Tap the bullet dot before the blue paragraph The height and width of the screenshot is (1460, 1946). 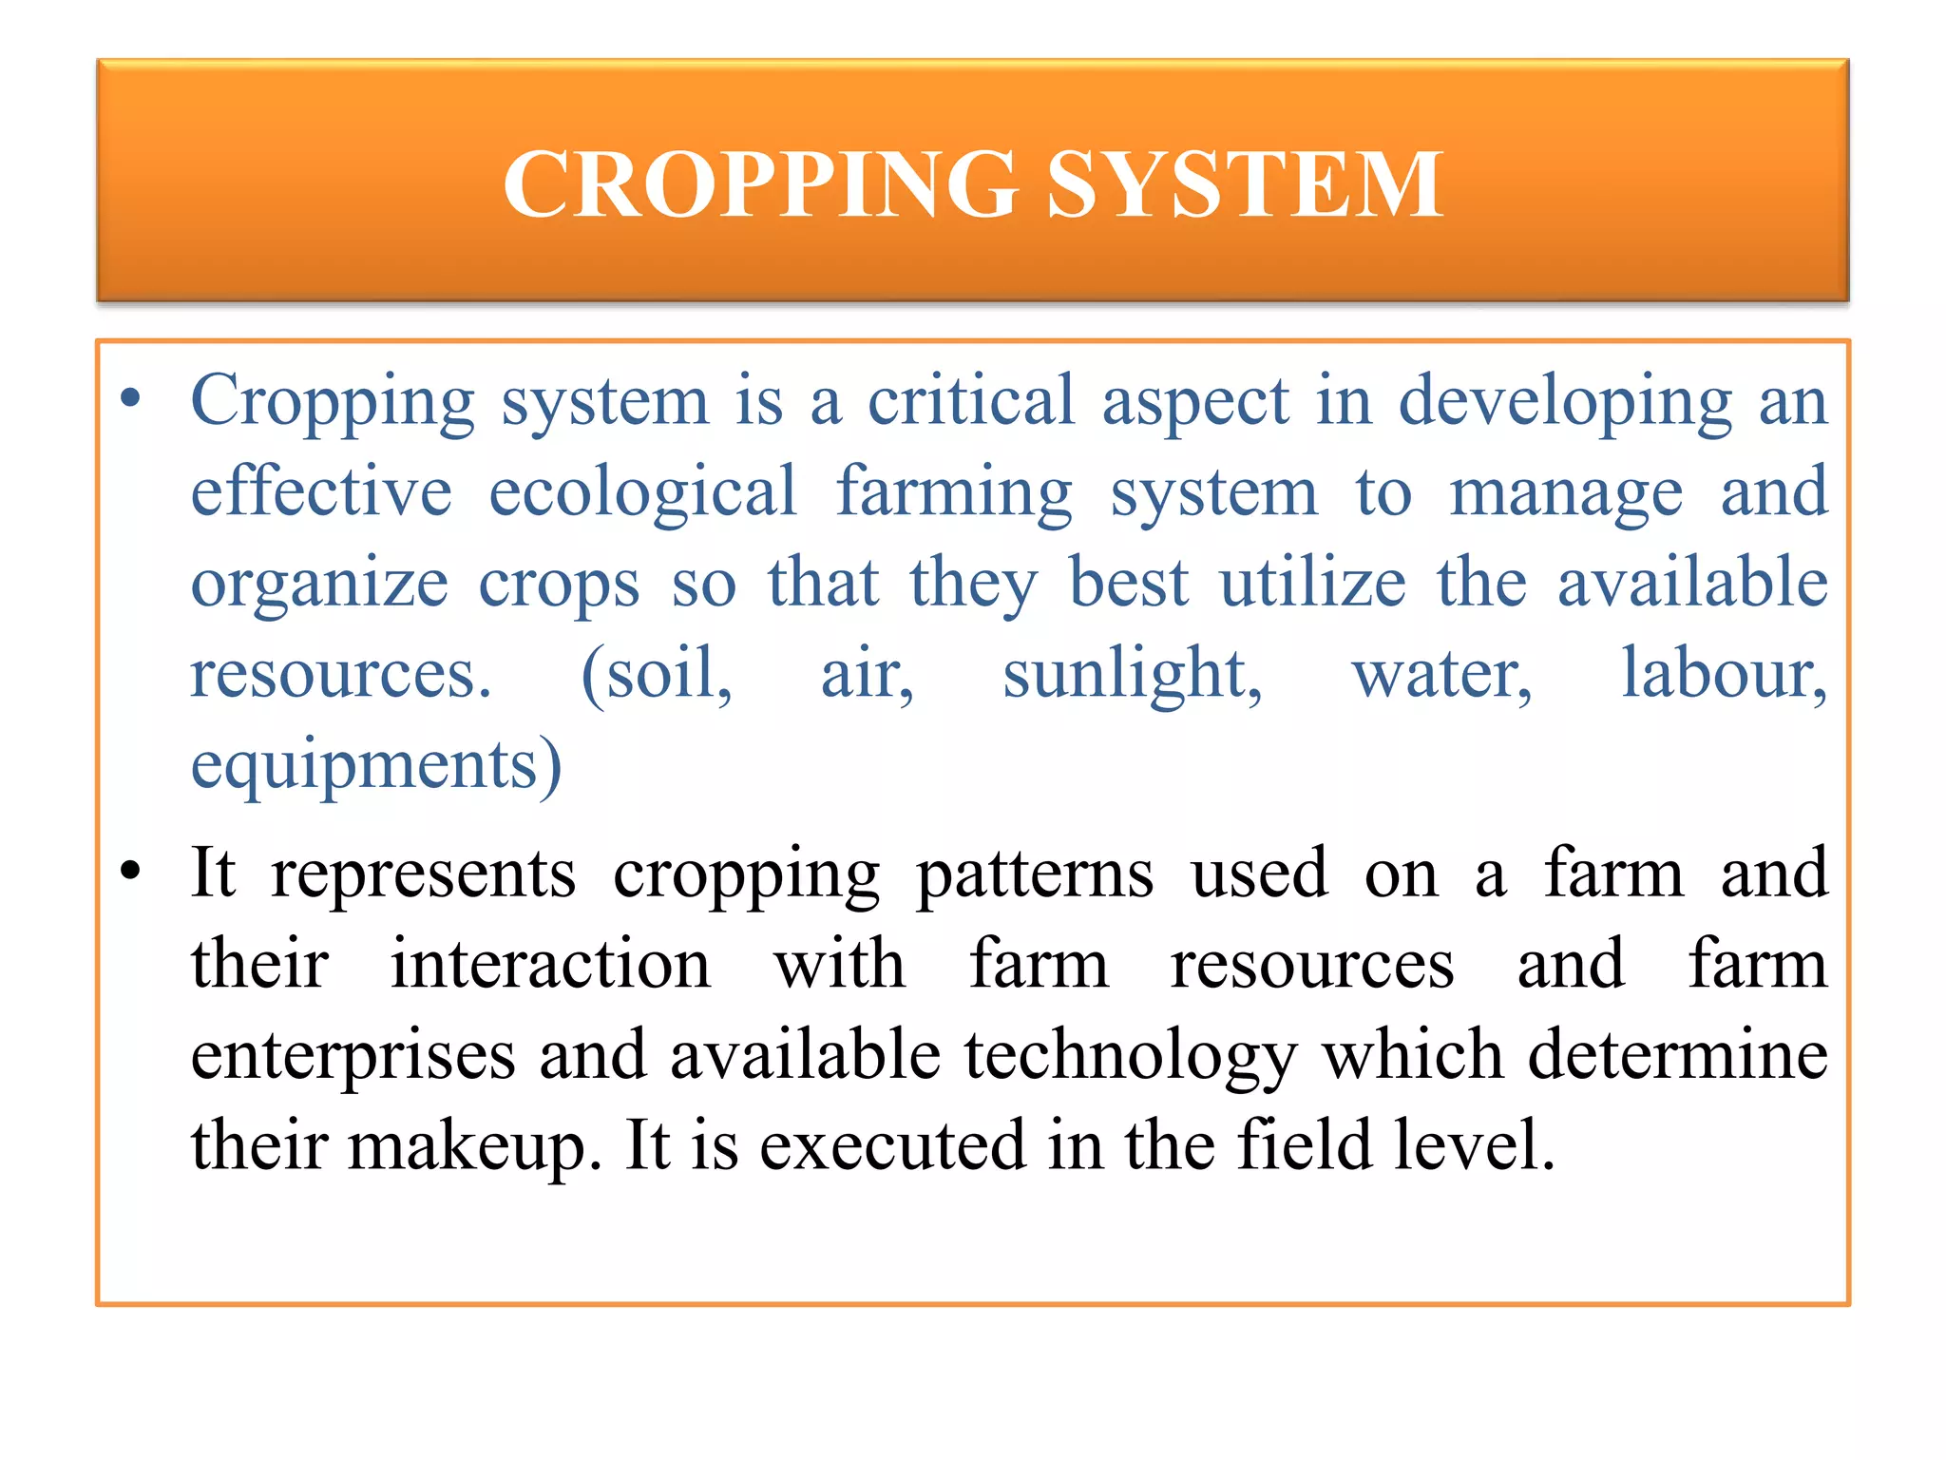point(131,399)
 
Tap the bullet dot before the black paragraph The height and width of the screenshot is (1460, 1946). point(131,870)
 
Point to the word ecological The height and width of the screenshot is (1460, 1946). point(642,491)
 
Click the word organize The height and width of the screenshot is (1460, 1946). point(319,584)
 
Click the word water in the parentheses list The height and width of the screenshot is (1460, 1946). point(1440,675)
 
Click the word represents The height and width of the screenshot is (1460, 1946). point(423,873)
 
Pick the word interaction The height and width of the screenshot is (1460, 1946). point(550,964)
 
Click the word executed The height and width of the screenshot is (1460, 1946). point(892,1145)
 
